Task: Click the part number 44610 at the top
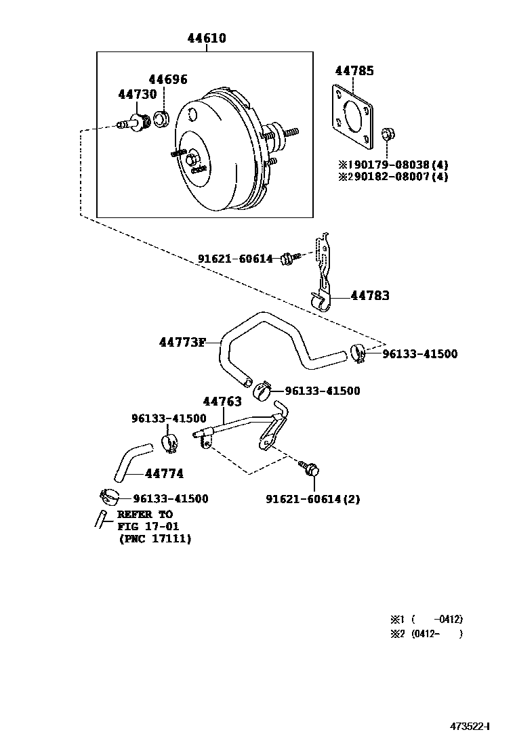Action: (207, 38)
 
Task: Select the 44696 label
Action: (167, 79)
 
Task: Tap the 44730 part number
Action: (138, 94)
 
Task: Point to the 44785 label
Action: (354, 70)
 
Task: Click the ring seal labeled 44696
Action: (161, 118)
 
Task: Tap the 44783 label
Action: (370, 295)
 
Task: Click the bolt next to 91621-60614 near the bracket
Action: (291, 257)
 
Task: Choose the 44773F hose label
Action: (182, 343)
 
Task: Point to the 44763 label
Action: (222, 402)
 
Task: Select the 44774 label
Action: (164, 473)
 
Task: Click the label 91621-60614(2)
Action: (313, 499)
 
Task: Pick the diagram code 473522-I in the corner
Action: (470, 726)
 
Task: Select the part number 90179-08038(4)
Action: (397, 165)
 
